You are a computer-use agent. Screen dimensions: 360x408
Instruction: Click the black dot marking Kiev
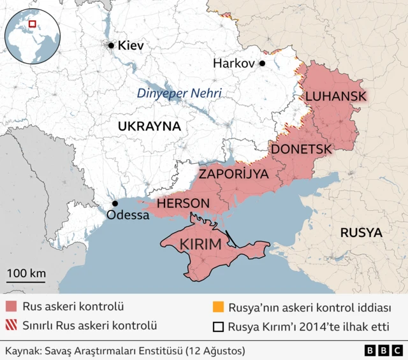pyautogui.click(x=111, y=45)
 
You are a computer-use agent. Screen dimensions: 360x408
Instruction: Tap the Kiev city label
pyautogui.click(x=131, y=46)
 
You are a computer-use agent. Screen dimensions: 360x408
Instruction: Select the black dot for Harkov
pyautogui.click(x=261, y=64)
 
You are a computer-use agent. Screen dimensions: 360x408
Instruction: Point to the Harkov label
pyautogui.click(x=233, y=64)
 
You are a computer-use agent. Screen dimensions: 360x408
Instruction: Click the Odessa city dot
pyautogui.click(x=115, y=203)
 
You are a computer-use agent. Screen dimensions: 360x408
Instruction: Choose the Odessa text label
pyautogui.click(x=127, y=215)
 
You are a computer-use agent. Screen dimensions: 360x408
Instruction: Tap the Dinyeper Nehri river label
pyautogui.click(x=179, y=94)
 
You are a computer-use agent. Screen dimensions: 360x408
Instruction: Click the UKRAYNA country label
pyautogui.click(x=149, y=126)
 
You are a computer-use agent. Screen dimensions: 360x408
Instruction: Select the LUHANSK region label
pyautogui.click(x=335, y=96)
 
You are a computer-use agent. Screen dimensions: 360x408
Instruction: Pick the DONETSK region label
pyautogui.click(x=301, y=149)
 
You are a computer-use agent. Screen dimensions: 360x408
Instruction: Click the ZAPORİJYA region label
pyautogui.click(x=233, y=173)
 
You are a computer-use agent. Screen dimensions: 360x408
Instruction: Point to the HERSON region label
pyautogui.click(x=183, y=203)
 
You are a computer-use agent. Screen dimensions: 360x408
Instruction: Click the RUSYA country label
pyautogui.click(x=361, y=233)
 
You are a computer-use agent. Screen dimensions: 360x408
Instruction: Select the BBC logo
pyautogui.click(x=383, y=350)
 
